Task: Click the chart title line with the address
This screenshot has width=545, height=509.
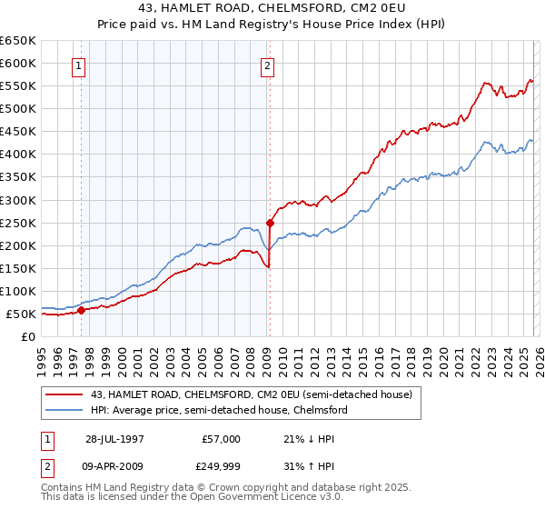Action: (272, 8)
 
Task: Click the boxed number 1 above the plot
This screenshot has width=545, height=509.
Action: (80, 65)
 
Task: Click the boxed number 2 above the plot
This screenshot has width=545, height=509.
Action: (268, 65)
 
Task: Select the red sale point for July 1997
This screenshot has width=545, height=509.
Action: (82, 310)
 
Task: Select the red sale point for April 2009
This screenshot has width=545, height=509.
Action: (270, 222)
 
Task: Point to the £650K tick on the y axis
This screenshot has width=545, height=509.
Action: (18, 41)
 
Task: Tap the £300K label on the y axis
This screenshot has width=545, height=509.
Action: (18, 200)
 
